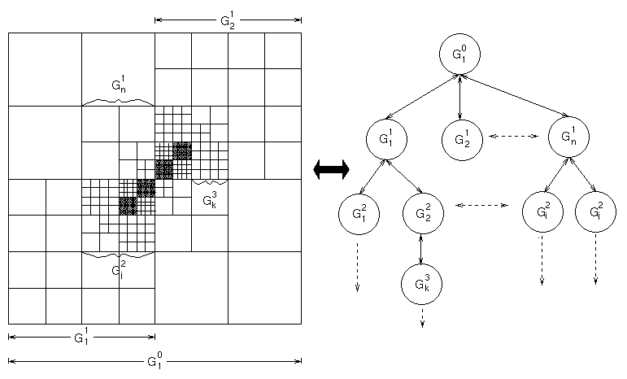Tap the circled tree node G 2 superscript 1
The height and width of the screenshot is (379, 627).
click(461, 138)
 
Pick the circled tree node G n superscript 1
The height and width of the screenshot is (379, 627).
click(568, 138)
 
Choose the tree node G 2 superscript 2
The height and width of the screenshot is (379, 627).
click(422, 213)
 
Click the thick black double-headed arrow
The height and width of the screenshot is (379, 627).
click(331, 169)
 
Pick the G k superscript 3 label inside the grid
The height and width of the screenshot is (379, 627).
click(208, 199)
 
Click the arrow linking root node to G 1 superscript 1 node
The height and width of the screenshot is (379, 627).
click(423, 98)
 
